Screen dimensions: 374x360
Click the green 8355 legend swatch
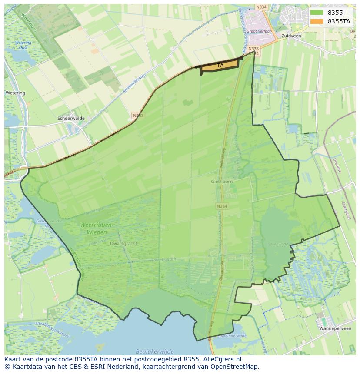click(317, 13)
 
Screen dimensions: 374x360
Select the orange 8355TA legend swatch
click(317, 21)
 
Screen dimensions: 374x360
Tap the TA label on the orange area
click(220, 66)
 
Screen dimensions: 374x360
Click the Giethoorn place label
click(222, 182)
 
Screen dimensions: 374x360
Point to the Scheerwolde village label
click(70, 118)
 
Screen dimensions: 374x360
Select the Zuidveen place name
click(291, 36)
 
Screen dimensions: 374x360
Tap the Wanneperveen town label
click(335, 328)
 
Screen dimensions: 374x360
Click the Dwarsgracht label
click(124, 244)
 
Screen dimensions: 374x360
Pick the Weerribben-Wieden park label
click(97, 228)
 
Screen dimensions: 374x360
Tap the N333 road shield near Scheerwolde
click(137, 116)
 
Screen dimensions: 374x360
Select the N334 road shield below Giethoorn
click(221, 206)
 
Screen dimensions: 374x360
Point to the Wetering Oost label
click(23, 45)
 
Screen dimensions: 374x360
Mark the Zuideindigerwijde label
click(233, 336)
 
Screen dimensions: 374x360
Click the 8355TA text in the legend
click(339, 21)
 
